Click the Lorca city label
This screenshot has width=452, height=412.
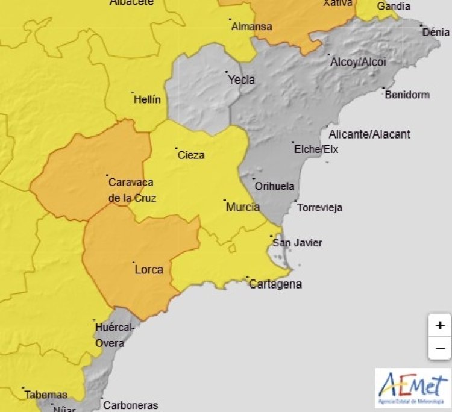149,270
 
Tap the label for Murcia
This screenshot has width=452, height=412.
243,207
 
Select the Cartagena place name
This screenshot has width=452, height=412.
275,284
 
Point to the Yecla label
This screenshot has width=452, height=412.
241,80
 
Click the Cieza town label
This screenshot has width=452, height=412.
191,155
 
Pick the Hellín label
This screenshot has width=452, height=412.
146,99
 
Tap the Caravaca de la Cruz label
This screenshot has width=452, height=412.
131,190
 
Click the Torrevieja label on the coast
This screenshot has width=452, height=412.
320,208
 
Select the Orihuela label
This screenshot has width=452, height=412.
274,186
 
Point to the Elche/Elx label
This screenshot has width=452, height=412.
316,149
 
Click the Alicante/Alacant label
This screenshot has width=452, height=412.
369,134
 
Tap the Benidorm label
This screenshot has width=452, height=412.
407,95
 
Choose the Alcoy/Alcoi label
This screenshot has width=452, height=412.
358,62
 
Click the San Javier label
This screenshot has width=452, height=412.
297,243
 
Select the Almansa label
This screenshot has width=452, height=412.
251,27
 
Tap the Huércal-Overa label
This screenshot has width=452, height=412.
110,336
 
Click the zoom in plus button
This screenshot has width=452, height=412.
440,325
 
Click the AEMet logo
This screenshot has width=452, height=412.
412,388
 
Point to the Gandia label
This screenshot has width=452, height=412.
394,7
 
